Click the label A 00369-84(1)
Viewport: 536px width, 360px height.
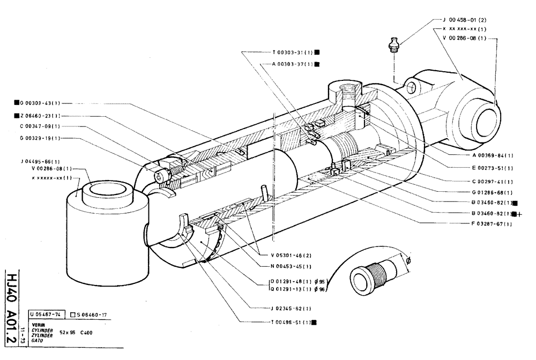point(493,155)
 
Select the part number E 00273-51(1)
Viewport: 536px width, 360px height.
point(493,168)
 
